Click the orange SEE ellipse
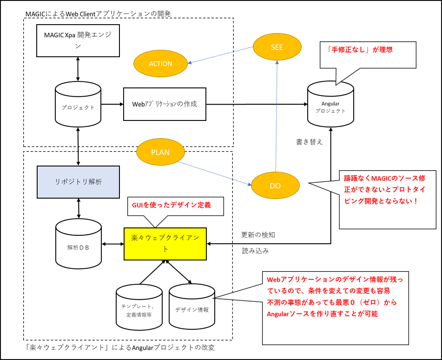277,47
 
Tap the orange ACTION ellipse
160,63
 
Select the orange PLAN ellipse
160,152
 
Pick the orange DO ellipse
275,186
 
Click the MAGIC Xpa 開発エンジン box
78,40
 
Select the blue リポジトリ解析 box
79,182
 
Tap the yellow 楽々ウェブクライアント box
165,244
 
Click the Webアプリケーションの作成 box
165,104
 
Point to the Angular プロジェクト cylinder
330,104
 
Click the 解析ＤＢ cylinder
79,244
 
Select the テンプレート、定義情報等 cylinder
139,307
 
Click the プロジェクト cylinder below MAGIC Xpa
78,104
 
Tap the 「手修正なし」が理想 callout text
359,50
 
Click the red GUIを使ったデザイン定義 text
172,205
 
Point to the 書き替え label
309,142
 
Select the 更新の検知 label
258,235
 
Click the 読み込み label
255,251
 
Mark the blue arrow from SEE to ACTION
221,55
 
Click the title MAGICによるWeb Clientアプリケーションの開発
98,13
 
